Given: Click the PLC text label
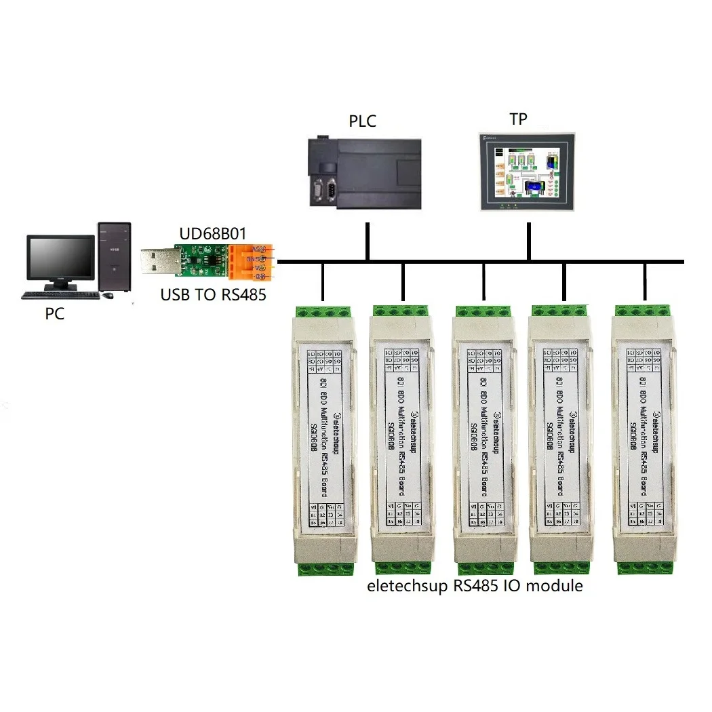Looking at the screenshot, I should (x=362, y=122).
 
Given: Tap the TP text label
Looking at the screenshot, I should (x=519, y=119).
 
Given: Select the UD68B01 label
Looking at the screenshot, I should (x=212, y=234).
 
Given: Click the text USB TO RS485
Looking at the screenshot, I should (x=213, y=295).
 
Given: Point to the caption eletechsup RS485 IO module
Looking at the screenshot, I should (x=475, y=585).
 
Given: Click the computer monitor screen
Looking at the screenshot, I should (x=60, y=258).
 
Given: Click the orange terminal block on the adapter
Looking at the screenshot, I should (x=251, y=263).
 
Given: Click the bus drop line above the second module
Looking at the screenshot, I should (x=403, y=281).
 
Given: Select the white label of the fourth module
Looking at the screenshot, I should (x=563, y=434).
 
